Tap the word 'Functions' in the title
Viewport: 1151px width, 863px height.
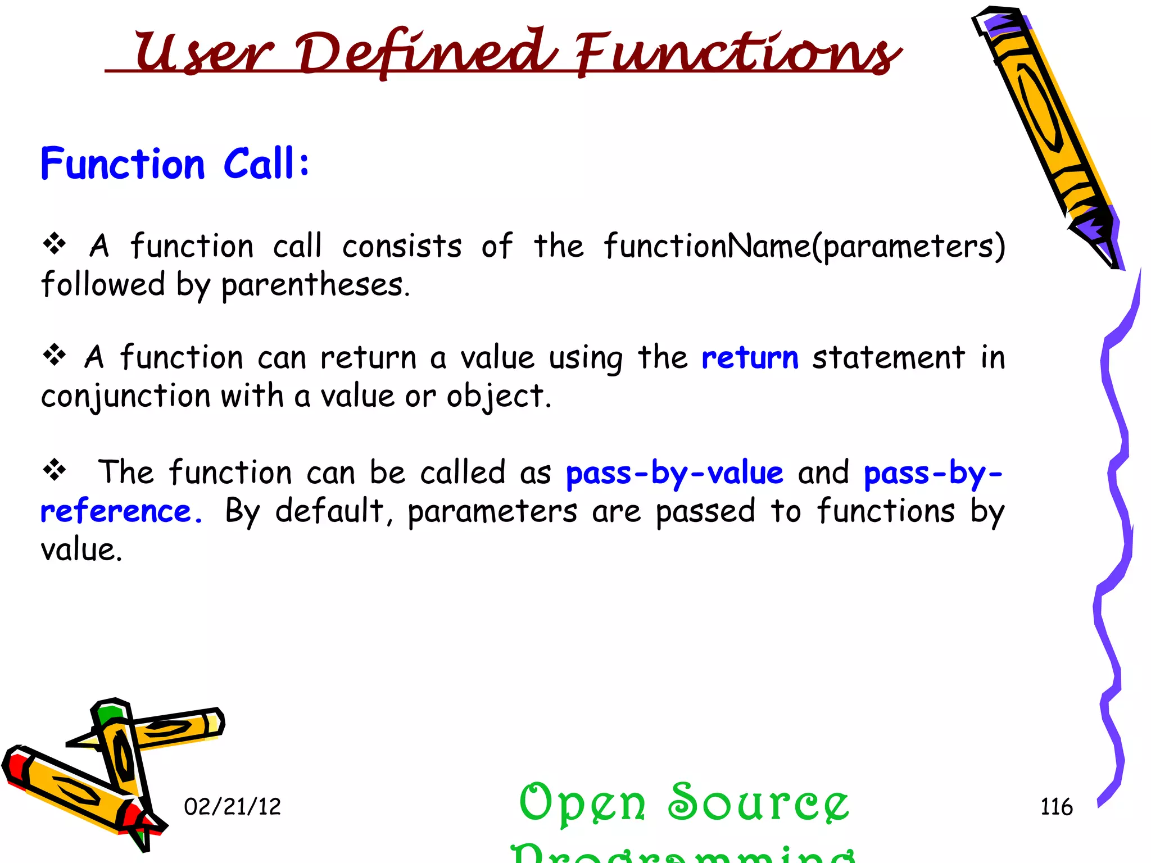(x=736, y=53)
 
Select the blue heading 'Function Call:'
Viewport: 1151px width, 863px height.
(x=175, y=164)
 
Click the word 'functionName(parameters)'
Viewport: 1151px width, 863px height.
(x=804, y=246)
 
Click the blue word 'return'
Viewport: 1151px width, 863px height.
(x=750, y=357)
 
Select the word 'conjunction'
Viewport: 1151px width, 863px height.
(x=126, y=396)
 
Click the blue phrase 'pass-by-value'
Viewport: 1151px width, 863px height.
(x=674, y=473)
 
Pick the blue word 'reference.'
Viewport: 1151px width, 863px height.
(x=121, y=511)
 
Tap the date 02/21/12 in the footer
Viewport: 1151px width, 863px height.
(x=232, y=807)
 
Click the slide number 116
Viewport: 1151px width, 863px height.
(x=1056, y=807)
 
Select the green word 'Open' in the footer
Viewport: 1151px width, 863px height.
(x=582, y=803)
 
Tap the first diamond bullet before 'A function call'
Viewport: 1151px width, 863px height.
(x=55, y=244)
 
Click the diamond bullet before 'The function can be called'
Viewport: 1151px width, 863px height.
(x=55, y=470)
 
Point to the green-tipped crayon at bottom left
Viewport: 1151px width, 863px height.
(x=121, y=747)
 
